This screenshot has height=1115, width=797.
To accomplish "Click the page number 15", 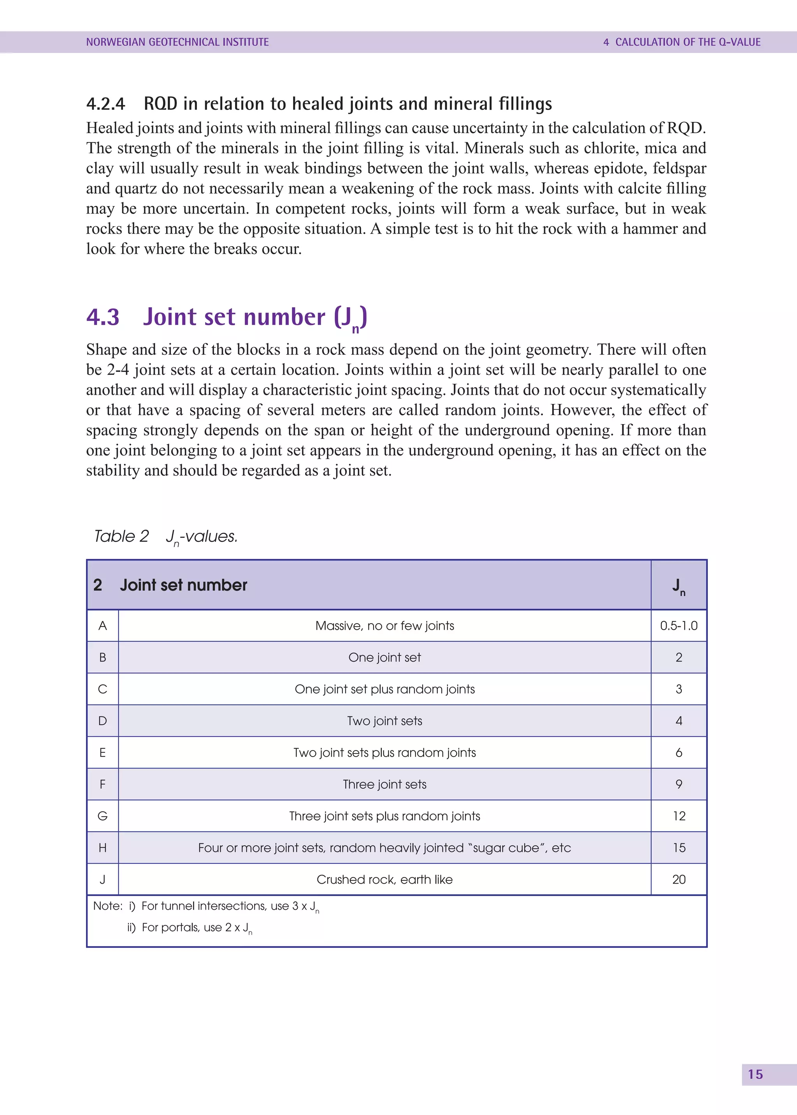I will (755, 1074).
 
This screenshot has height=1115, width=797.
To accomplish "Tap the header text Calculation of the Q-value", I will (682, 42).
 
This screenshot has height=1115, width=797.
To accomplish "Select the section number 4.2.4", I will (105, 104).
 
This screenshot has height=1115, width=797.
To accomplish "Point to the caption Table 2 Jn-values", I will (166, 536).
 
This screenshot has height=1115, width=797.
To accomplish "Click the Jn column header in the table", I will (678, 585).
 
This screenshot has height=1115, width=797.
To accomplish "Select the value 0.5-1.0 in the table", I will (678, 626).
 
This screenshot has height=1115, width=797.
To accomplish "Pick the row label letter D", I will (103, 720).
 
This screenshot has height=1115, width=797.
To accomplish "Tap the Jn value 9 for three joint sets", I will (678, 784).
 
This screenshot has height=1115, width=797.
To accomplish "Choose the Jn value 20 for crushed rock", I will (678, 879).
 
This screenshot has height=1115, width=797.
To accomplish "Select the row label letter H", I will (103, 848).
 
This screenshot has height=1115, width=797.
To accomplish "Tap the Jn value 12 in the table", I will (678, 816).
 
